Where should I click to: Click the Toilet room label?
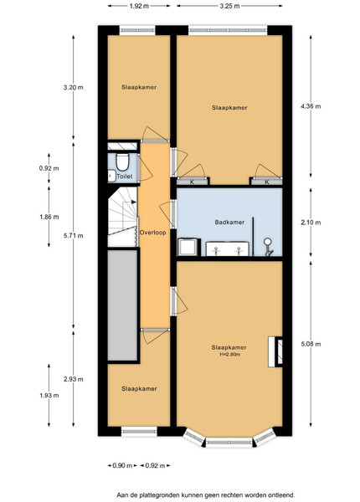click(125, 177)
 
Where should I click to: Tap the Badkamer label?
click(229, 223)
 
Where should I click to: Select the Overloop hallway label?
click(152, 233)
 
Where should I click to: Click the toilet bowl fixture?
click(122, 161)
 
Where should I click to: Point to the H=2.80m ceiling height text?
click(230, 355)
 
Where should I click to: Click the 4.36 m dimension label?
click(311, 106)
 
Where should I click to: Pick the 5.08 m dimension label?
click(311, 344)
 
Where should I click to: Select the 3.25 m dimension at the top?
click(229, 6)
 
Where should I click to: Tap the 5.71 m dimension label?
click(74, 236)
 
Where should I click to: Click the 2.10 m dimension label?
click(311, 223)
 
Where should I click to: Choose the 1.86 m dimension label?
click(49, 217)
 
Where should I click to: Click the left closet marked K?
click(193, 182)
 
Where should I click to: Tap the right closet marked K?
click(267, 182)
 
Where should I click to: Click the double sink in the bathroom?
click(228, 249)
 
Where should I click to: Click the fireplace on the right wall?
click(275, 351)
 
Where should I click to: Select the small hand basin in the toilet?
click(111, 176)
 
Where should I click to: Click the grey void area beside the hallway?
click(122, 305)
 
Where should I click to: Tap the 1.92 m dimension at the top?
click(139, 6)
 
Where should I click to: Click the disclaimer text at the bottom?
click(206, 495)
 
